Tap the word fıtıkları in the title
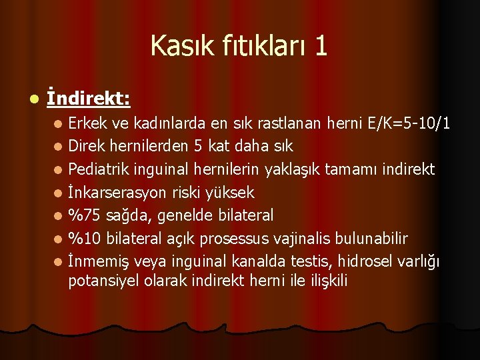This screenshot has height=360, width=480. click(x=257, y=46)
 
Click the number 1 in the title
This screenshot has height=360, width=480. click(x=321, y=46)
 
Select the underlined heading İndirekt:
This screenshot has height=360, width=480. click(x=89, y=99)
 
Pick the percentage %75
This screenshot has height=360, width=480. click(x=84, y=215)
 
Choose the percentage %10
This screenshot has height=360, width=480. click(x=84, y=239)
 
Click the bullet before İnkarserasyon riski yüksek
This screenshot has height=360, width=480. click(x=59, y=193)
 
